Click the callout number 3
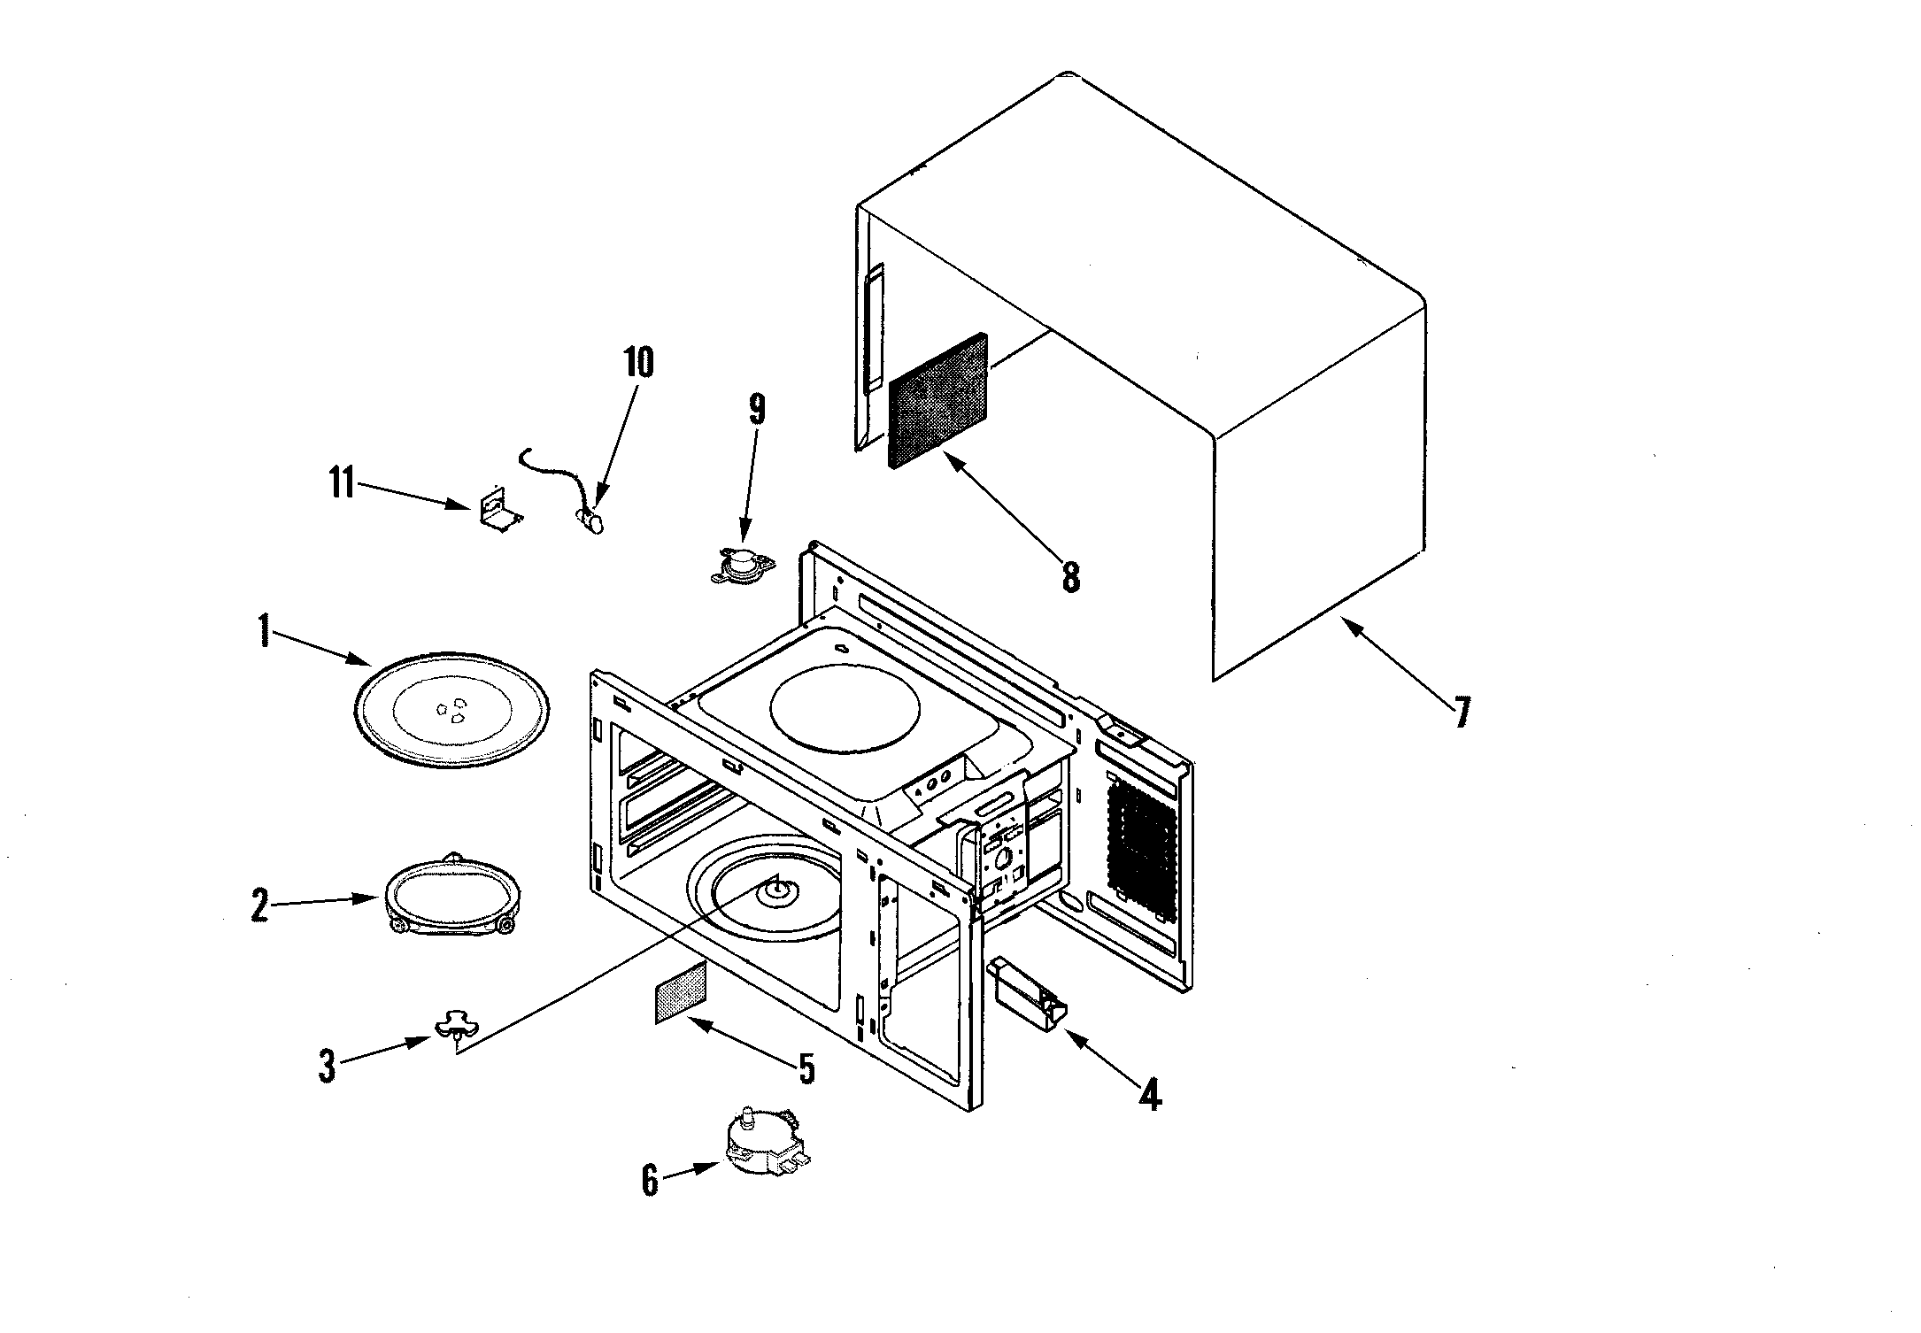pyautogui.click(x=328, y=1067)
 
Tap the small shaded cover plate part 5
pyautogui.click(x=681, y=993)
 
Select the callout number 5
pyautogui.click(x=806, y=1068)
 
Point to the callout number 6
pyautogui.click(x=651, y=1180)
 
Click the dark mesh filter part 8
pyautogui.click(x=938, y=400)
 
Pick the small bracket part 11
pyautogui.click(x=498, y=511)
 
